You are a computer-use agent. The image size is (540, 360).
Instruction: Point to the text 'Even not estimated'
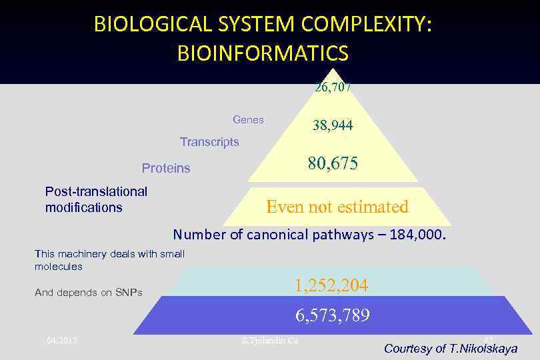(x=337, y=207)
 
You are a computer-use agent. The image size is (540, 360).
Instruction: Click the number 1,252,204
(x=331, y=285)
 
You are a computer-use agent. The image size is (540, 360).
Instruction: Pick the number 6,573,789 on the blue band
(x=331, y=315)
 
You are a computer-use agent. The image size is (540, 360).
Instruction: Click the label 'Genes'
(x=248, y=120)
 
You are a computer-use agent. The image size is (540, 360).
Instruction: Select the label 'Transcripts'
(x=209, y=142)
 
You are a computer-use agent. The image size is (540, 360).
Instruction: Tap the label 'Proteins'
(x=166, y=168)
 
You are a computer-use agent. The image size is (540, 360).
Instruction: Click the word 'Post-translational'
(x=96, y=192)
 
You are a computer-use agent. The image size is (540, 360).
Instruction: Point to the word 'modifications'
(x=84, y=207)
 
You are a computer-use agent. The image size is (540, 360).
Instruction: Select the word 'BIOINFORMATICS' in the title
(x=263, y=53)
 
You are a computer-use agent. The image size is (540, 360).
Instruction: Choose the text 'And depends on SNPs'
(x=89, y=293)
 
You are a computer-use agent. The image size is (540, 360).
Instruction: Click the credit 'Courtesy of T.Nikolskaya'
(x=450, y=349)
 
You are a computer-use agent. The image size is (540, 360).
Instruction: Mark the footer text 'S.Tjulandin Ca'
(x=269, y=341)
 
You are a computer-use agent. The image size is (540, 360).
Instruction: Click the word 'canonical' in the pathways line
(x=277, y=235)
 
